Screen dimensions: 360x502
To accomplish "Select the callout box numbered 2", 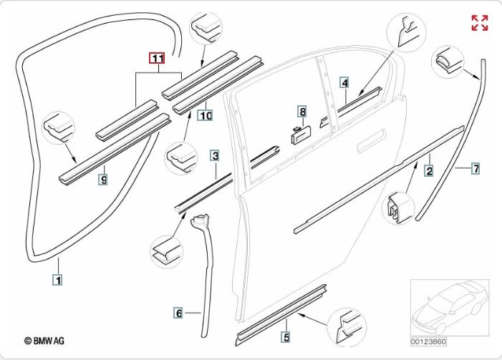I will click(x=429, y=170).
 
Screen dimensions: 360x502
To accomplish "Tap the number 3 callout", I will click(x=215, y=155).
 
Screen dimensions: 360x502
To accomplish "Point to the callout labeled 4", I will click(x=344, y=83).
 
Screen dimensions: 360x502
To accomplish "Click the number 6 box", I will click(x=178, y=312).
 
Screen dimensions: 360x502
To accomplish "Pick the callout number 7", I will click(x=475, y=169).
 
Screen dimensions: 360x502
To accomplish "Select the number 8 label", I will click(x=303, y=112).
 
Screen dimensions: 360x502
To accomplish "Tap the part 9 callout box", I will click(x=103, y=180).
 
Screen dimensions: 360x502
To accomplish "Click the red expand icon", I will click(x=479, y=22).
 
